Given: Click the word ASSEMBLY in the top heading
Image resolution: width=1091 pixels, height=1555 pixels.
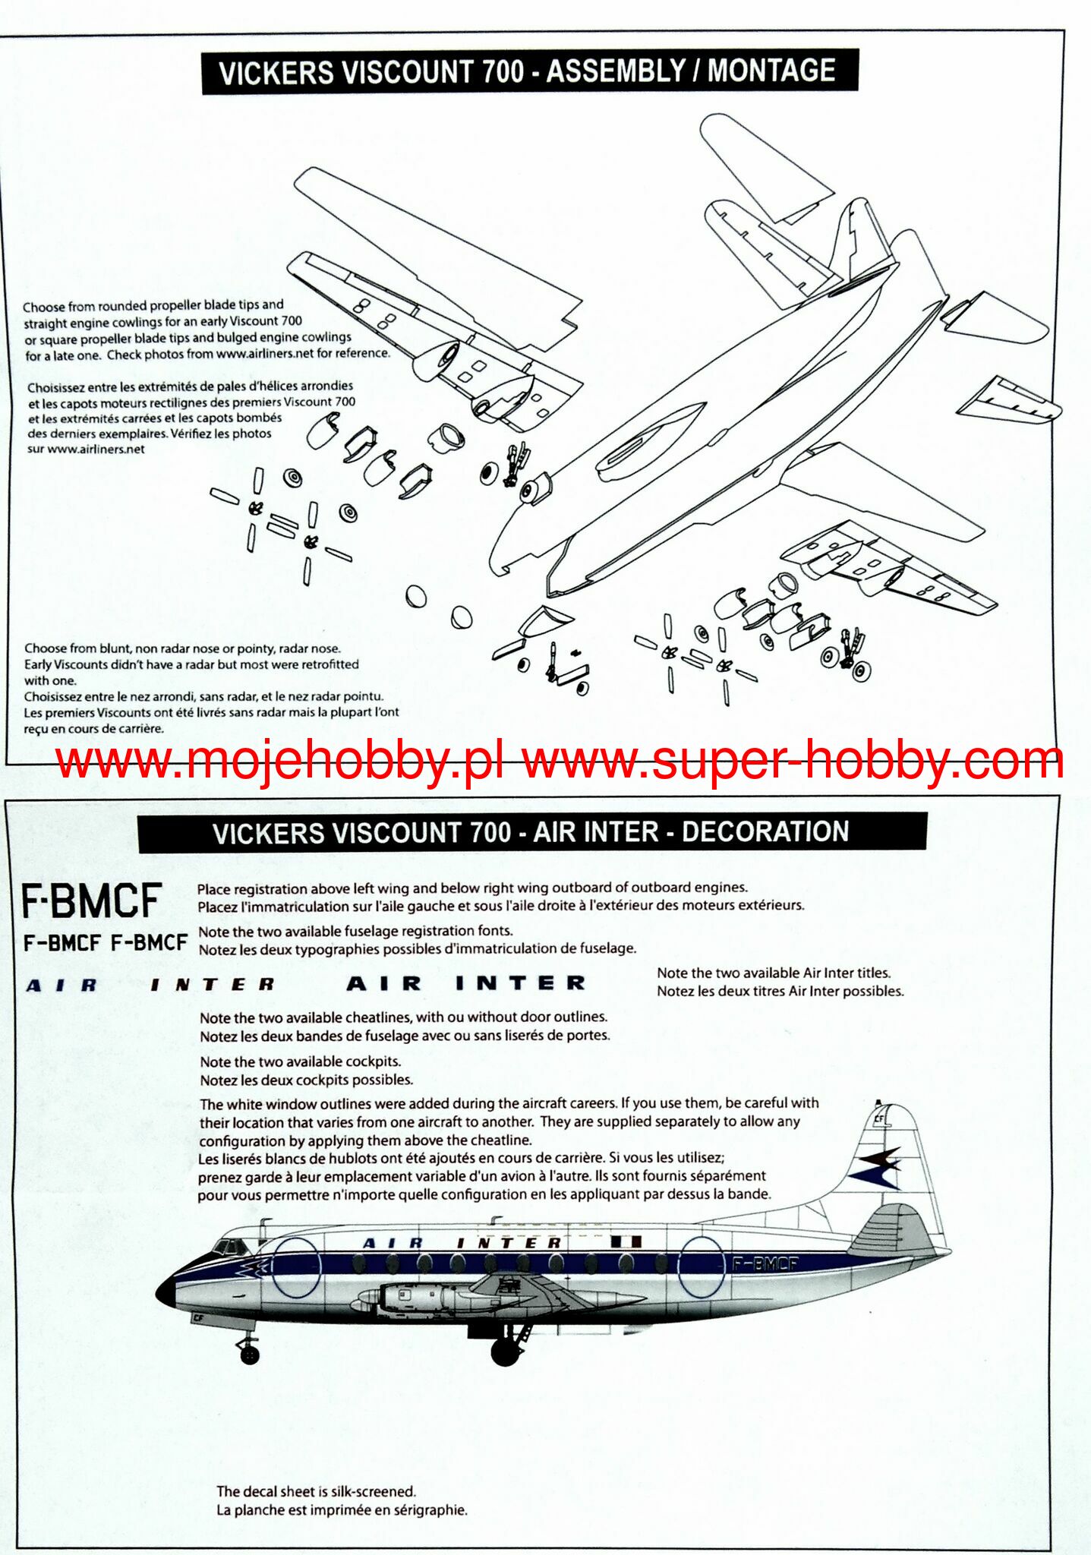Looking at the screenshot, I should pos(616,71).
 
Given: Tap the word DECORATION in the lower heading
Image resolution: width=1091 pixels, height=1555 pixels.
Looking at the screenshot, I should pos(765,831).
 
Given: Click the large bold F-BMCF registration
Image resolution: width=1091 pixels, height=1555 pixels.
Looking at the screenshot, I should pos(91,901).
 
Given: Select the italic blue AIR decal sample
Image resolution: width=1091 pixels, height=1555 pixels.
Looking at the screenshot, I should pos(62,986).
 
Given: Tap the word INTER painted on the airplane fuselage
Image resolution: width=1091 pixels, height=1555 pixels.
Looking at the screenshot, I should pos(509,1243).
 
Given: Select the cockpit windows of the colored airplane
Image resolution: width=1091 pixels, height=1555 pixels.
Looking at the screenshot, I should pos(228,1246).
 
